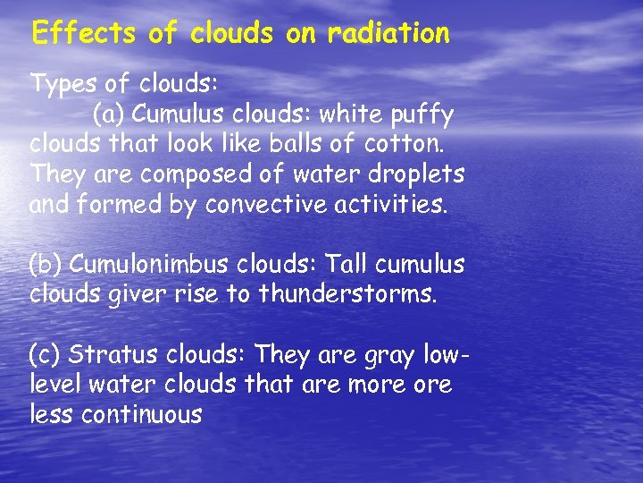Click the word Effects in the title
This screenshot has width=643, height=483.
(83, 34)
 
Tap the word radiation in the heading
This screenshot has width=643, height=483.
(388, 34)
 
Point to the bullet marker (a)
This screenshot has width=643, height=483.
(109, 115)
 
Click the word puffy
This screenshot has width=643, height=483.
(425, 115)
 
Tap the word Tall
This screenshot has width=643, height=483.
(342, 265)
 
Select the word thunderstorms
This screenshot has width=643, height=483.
(348, 294)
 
